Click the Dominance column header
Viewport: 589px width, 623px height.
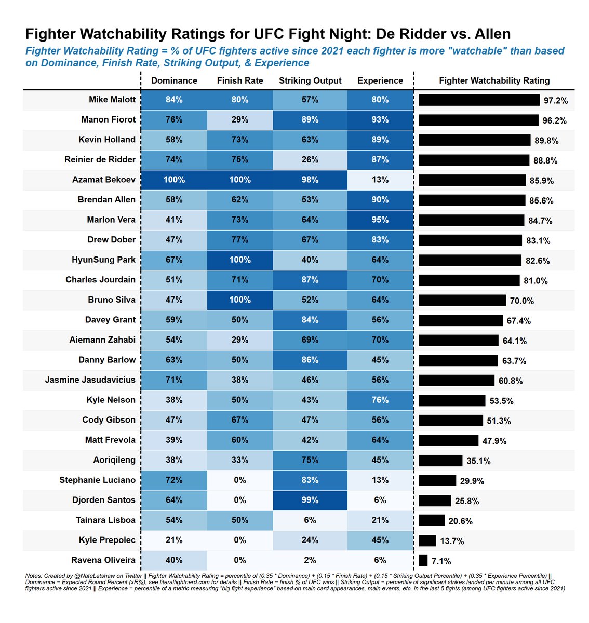(x=174, y=80)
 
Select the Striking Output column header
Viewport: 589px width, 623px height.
(x=310, y=80)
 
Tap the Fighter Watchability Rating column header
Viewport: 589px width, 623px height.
(x=494, y=80)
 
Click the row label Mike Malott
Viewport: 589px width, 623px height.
(x=112, y=100)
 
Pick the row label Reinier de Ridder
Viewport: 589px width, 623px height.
(x=100, y=159)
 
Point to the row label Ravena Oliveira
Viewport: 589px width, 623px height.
(x=103, y=560)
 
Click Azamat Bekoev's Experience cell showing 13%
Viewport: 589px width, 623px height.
(x=380, y=180)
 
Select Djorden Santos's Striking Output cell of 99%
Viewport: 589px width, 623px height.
(x=310, y=500)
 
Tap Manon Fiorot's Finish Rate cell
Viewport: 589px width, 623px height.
(x=240, y=119)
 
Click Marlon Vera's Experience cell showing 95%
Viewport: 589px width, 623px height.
(x=380, y=220)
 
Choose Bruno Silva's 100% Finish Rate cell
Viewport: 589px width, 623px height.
(x=240, y=300)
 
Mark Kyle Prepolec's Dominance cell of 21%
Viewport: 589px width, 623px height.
(x=174, y=540)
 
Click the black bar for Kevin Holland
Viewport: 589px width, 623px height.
(x=474, y=140)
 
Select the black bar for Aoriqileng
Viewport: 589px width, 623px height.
(x=440, y=461)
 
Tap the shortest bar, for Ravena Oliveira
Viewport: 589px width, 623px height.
(x=423, y=561)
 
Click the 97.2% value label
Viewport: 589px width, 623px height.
(x=555, y=101)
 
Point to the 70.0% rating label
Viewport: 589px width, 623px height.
(x=521, y=301)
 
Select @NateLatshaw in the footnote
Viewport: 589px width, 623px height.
(x=82, y=576)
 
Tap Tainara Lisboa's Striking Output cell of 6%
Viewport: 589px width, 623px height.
(x=310, y=520)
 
